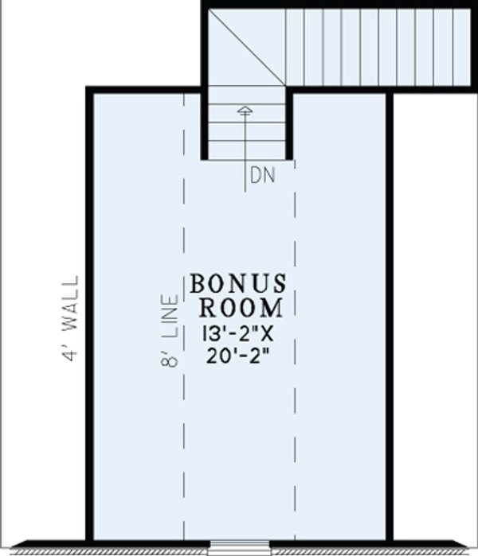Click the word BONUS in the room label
coord(238,283)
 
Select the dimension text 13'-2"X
coord(238,332)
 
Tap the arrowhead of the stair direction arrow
coord(245,110)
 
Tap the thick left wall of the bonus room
coord(90,318)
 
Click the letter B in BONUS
coord(198,283)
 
